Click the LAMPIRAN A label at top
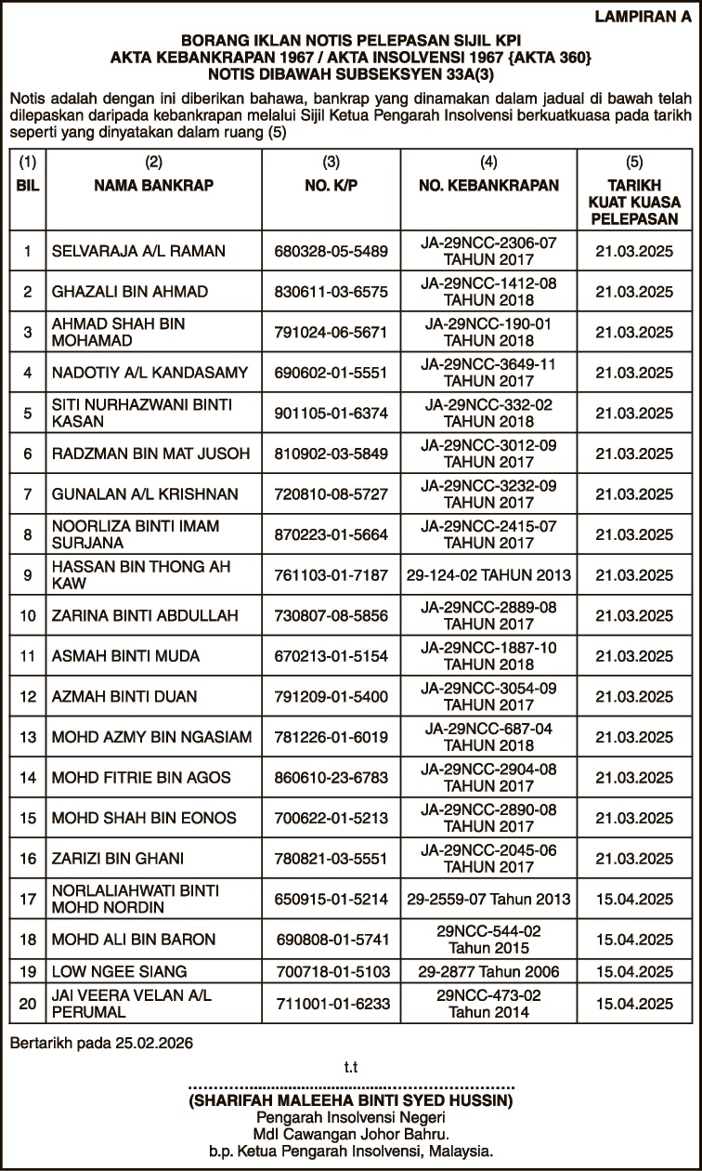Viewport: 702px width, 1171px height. pyautogui.click(x=643, y=17)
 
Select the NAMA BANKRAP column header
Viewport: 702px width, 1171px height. pyautogui.click(x=154, y=185)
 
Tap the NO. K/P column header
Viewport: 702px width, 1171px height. pyautogui.click(x=331, y=185)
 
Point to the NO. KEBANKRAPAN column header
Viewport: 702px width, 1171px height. pyautogui.click(x=488, y=185)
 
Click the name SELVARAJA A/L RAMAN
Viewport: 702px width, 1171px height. pyautogui.click(x=138, y=251)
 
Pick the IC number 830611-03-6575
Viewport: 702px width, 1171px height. pyautogui.click(x=331, y=292)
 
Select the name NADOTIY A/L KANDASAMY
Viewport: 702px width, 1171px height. pyautogui.click(x=150, y=373)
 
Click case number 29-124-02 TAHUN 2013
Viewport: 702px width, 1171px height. pyautogui.click(x=488, y=575)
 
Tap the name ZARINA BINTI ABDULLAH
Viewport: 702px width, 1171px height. pyautogui.click(x=145, y=615)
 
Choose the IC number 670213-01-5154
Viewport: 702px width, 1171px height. pyautogui.click(x=331, y=656)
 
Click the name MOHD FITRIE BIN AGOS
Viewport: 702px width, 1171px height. pyautogui.click(x=141, y=777)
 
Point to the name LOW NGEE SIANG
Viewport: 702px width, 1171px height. pyautogui.click(x=107, y=971)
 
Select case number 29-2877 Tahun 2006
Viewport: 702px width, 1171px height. pyautogui.click(x=488, y=971)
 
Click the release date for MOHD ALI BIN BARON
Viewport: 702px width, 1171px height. pyautogui.click(x=634, y=940)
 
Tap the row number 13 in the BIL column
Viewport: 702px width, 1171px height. pyautogui.click(x=28, y=737)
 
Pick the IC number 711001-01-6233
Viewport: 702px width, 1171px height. pyautogui.click(x=331, y=1003)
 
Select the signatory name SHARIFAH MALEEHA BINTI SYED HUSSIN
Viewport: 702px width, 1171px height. pyautogui.click(x=350, y=1100)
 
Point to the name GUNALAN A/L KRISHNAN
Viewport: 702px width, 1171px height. pyautogui.click(x=145, y=494)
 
